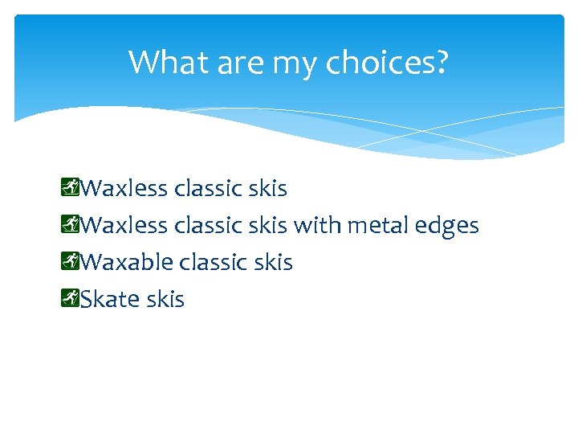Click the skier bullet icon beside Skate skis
tap(70, 299)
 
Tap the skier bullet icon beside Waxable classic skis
tap(70, 262)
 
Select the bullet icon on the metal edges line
tap(70, 225)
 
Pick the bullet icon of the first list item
tap(70, 188)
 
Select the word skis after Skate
tap(165, 299)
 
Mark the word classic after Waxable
tap(213, 262)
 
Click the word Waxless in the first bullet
tap(124, 188)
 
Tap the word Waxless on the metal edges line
tap(124, 225)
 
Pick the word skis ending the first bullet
tap(267, 188)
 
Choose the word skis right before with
tap(267, 225)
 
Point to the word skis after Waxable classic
tap(273, 262)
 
